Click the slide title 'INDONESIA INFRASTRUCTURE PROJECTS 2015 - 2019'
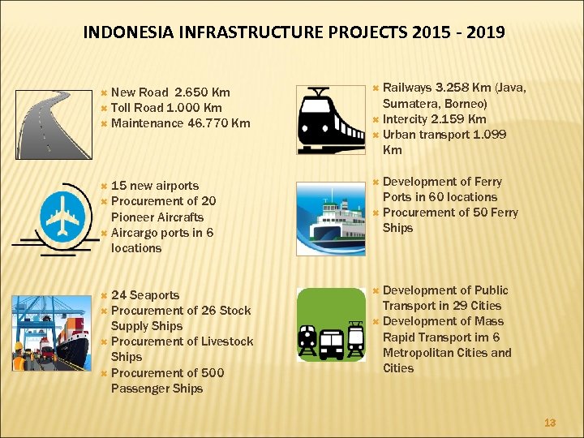(294, 33)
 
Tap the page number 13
(550, 423)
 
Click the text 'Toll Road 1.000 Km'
(166, 108)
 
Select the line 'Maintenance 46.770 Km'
(180, 123)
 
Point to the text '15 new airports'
(154, 186)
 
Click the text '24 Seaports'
(145, 295)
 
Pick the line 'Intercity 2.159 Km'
(434, 119)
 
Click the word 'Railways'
(407, 88)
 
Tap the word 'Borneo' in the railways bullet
(462, 104)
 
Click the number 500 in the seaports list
(213, 373)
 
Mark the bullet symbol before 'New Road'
(103, 92)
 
